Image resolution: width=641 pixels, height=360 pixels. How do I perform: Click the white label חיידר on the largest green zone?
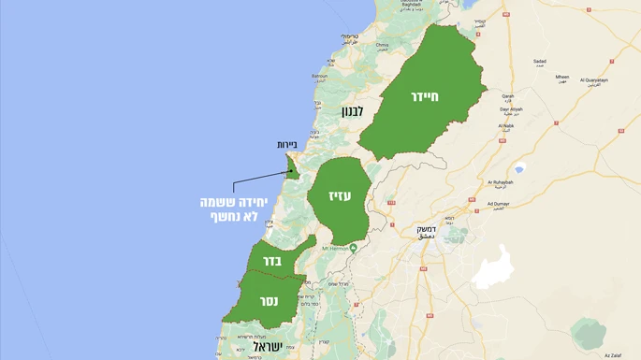click(424, 95)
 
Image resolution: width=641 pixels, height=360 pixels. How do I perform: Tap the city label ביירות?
click(286, 145)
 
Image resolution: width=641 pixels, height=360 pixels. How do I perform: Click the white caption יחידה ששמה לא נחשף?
click(236, 209)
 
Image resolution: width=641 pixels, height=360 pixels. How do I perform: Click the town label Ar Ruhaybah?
click(501, 182)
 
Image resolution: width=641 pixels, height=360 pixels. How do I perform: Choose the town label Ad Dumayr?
click(501, 203)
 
